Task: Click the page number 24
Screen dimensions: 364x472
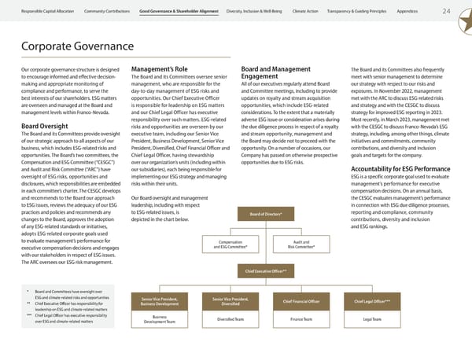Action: (447, 11)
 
